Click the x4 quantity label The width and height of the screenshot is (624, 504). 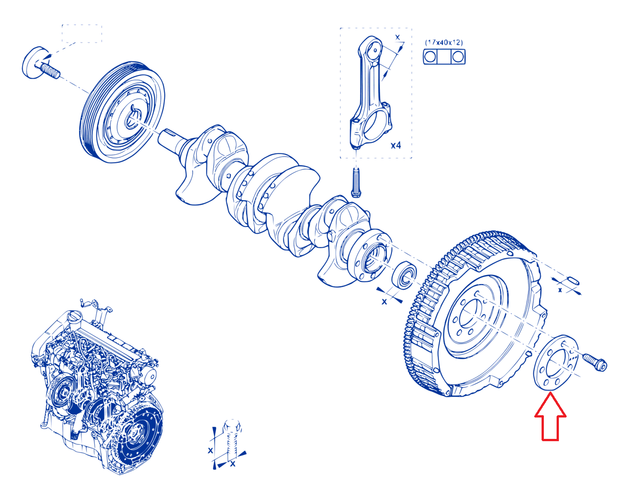click(x=396, y=145)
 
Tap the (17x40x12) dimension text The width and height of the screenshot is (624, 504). click(x=444, y=42)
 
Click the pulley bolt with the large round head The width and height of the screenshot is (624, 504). click(x=41, y=64)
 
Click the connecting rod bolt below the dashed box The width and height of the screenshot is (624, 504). click(x=356, y=182)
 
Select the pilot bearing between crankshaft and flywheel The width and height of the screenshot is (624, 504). click(x=404, y=275)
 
